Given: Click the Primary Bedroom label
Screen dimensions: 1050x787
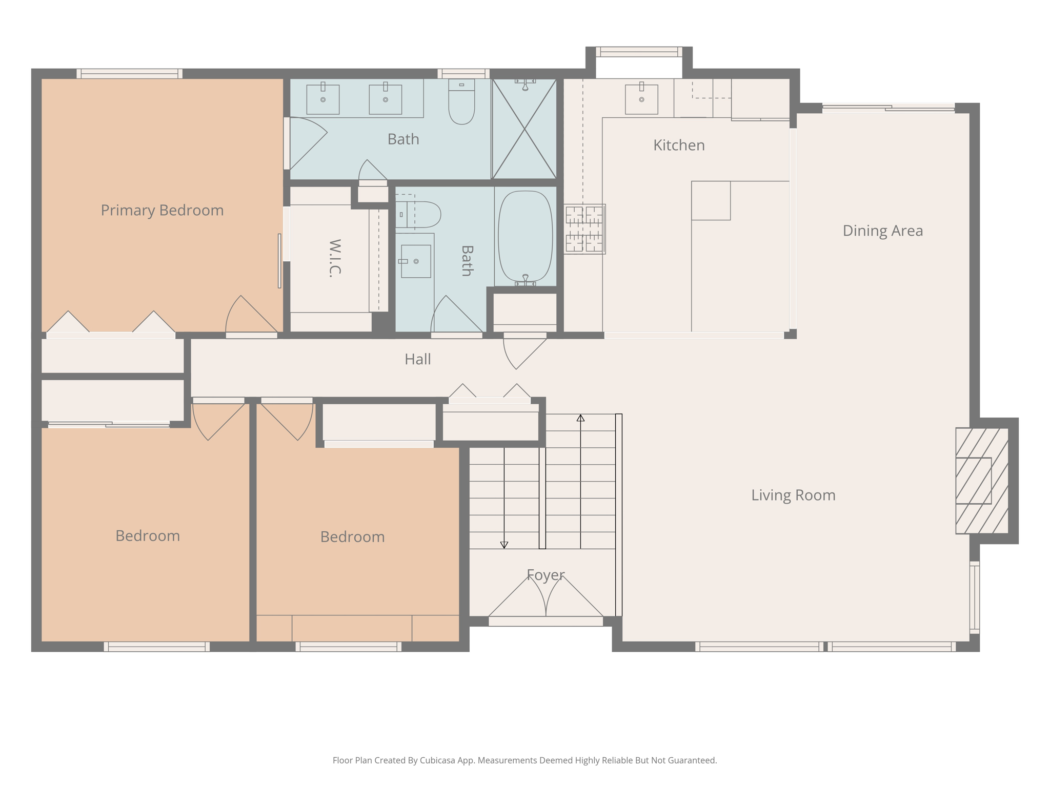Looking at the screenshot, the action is click(x=162, y=210).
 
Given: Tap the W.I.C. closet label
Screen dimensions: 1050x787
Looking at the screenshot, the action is click(x=335, y=258).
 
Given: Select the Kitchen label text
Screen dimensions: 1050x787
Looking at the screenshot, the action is click(x=679, y=145).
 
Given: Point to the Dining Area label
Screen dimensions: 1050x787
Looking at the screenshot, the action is click(x=883, y=231).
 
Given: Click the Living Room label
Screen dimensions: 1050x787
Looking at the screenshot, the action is click(x=793, y=495).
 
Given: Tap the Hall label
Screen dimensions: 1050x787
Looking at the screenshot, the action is click(x=417, y=359).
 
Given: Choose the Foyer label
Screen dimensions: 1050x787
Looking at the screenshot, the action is click(x=546, y=575).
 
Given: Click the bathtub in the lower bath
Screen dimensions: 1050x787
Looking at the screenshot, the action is click(x=526, y=236).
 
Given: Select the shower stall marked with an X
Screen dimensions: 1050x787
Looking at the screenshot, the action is click(x=524, y=129).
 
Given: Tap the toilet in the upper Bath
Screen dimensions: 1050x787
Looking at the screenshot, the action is click(x=461, y=101).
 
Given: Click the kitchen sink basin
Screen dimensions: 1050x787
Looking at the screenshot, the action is click(x=641, y=99).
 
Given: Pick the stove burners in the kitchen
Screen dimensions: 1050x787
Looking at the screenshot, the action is click(x=584, y=229).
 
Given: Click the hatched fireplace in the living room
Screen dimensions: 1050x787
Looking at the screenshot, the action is click(x=982, y=481).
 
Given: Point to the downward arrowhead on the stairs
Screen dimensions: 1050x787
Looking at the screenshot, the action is click(x=504, y=545).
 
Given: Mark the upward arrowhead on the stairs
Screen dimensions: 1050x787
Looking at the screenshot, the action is click(x=580, y=418).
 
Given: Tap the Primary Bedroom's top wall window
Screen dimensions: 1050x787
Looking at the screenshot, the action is click(x=130, y=74).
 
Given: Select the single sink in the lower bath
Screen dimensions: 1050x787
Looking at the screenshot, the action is click(x=416, y=261).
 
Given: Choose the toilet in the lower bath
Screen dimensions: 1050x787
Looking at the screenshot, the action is click(x=418, y=215).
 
